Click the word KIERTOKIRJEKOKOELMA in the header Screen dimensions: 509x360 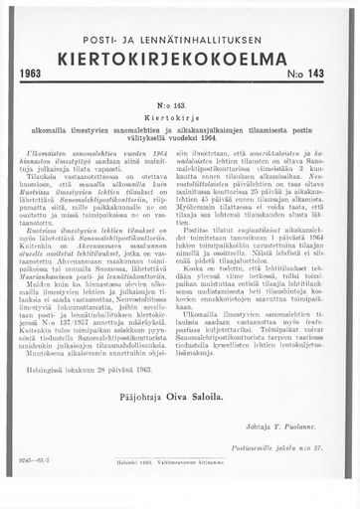[180, 59]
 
